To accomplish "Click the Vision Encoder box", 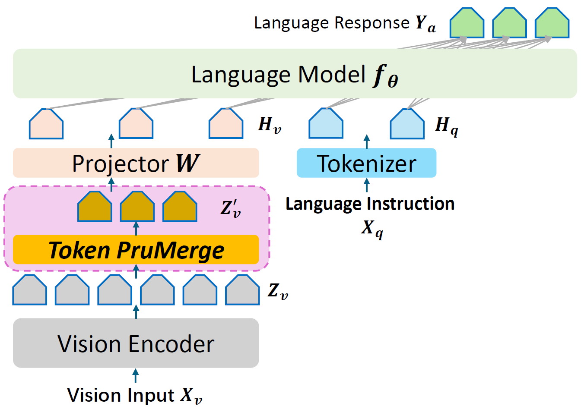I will [136, 343].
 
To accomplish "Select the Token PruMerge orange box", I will [136, 249].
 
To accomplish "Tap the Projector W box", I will [136, 163].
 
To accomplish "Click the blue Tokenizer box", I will [366, 163].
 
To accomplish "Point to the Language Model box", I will [295, 74].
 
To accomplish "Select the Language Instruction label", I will [370, 204].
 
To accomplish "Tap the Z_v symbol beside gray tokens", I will [278, 292].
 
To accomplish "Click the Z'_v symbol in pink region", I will [231, 208].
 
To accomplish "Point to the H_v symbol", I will [270, 125].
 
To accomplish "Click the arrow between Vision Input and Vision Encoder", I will [136, 376].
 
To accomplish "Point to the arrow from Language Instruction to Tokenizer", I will [367, 185].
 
